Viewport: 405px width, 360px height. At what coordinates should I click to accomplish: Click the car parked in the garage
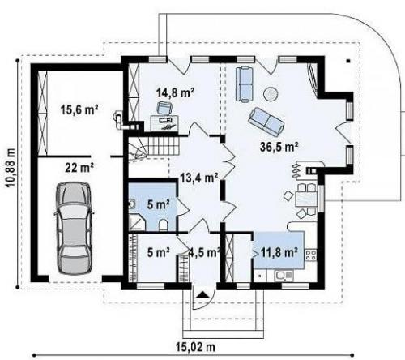(74, 229)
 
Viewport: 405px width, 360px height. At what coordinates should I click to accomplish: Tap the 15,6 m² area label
(79, 110)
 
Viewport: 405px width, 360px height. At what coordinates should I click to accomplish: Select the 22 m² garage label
(79, 168)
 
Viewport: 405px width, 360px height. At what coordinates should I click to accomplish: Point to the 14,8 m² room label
(176, 92)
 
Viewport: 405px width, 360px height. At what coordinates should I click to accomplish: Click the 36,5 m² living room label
(279, 147)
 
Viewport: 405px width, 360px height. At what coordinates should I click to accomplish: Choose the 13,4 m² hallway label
(199, 178)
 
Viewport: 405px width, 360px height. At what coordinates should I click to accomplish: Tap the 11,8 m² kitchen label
(279, 252)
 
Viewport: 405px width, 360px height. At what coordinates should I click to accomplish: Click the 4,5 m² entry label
(204, 252)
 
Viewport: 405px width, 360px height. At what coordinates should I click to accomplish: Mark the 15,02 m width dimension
(196, 347)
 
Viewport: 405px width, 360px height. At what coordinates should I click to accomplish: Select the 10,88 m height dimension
(11, 168)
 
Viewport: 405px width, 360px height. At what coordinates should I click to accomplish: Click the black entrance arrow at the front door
(202, 295)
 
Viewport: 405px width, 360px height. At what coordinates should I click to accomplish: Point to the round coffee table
(271, 94)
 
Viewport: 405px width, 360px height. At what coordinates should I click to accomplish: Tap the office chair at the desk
(164, 108)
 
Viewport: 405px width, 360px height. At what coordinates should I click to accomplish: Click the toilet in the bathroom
(164, 225)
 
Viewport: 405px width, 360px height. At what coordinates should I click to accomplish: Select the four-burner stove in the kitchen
(311, 255)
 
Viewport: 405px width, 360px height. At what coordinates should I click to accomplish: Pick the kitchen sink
(283, 276)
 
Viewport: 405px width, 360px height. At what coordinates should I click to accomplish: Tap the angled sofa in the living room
(266, 122)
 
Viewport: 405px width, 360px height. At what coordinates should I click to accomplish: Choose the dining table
(306, 199)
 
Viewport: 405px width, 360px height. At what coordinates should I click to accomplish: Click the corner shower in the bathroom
(137, 223)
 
